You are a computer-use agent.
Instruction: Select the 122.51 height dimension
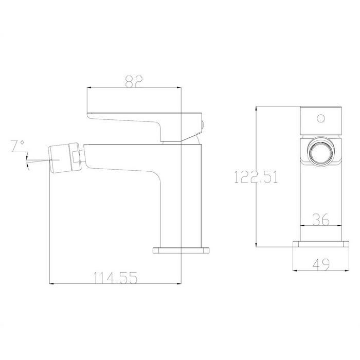[256, 177]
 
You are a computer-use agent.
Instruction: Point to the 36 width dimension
[320, 219]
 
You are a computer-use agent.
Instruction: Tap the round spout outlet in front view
[320, 153]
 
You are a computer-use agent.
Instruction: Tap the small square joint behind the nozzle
[76, 157]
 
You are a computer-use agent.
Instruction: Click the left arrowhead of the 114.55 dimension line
[50, 283]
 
